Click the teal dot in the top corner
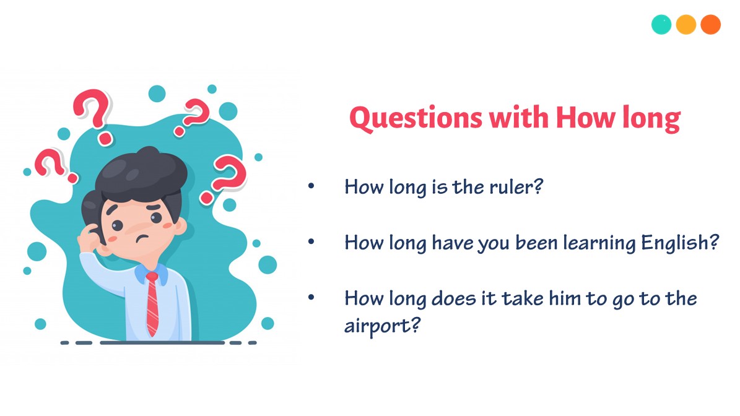(661, 25)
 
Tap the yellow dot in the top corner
(686, 25)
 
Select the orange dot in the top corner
(710, 25)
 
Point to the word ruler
(518, 186)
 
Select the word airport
(379, 324)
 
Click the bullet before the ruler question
(311, 186)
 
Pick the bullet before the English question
(311, 241)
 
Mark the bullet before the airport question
(311, 297)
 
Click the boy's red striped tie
(152, 303)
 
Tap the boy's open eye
(155, 217)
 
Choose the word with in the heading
(519, 118)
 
